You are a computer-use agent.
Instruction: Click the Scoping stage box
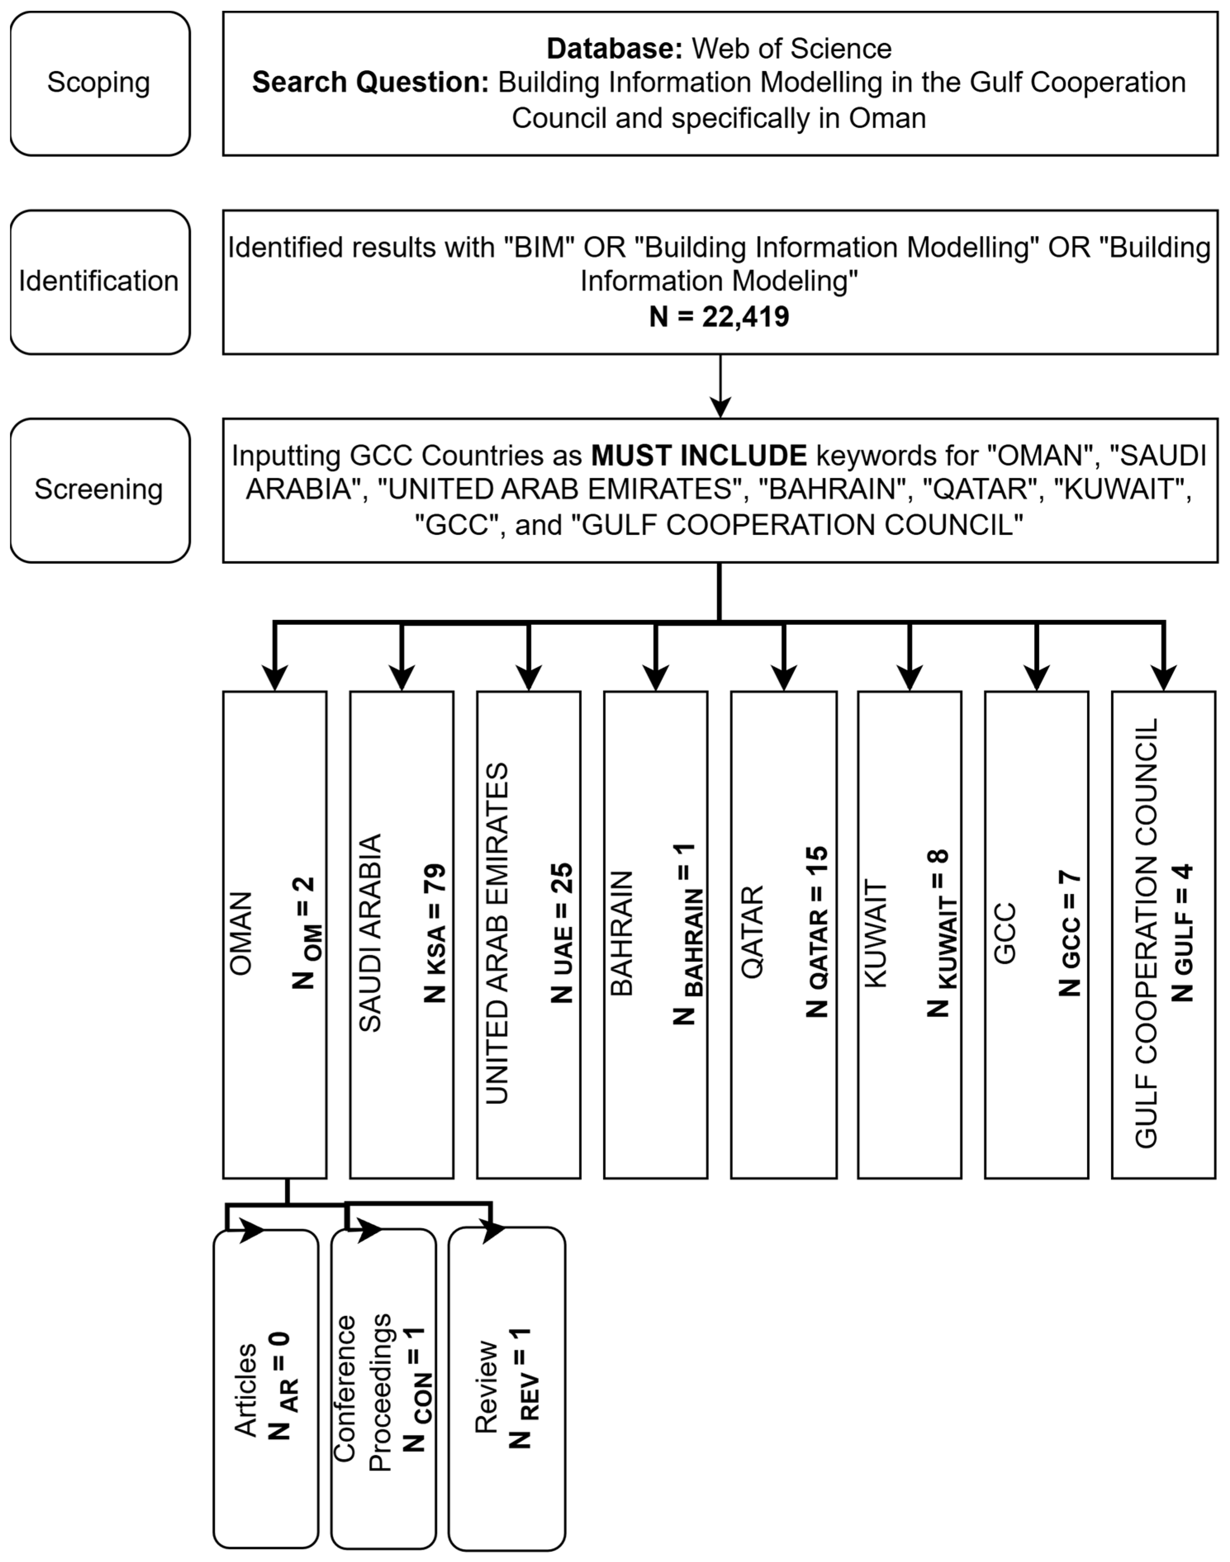[x=100, y=83]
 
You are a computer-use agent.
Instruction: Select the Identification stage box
[x=100, y=282]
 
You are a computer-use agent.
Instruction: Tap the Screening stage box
[x=100, y=490]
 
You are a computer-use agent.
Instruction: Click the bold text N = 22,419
[x=719, y=317]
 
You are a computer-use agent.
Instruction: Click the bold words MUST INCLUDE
[x=699, y=455]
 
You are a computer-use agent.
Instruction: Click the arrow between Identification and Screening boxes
[x=720, y=387]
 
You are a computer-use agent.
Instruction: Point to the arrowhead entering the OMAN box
[x=275, y=678]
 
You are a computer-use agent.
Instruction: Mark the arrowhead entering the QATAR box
[x=784, y=678]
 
